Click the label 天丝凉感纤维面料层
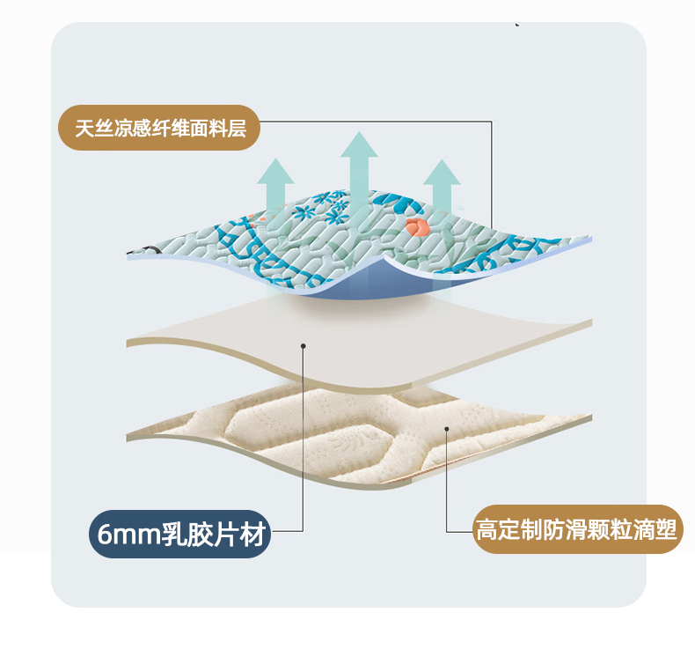(159, 128)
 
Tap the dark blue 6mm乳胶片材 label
(180, 534)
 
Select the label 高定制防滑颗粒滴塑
(577, 529)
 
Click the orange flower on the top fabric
(417, 226)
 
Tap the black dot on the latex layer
(304, 346)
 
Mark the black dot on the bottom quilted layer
(447, 429)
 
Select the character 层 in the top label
(238, 129)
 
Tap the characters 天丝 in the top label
(94, 129)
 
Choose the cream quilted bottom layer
(359, 439)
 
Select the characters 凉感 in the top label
(133, 129)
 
